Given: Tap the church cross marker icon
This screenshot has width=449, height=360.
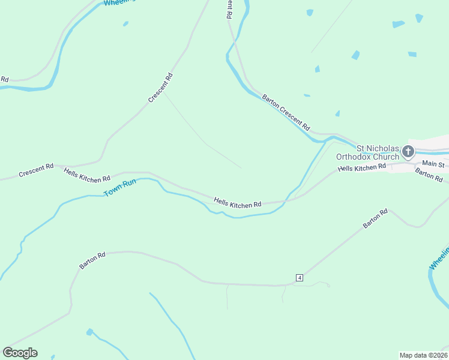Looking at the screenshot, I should (409, 151).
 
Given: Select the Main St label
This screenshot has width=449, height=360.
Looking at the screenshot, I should (433, 164).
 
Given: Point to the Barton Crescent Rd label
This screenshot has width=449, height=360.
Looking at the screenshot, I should (286, 112).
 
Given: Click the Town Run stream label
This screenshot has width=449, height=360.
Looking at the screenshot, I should (120, 188).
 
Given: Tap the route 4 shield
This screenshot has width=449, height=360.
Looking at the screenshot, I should (299, 277).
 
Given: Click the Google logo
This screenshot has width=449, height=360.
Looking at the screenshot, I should (20, 353).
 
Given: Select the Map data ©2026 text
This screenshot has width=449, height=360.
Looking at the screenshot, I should (424, 355).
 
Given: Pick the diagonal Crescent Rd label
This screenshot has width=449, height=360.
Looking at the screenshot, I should (160, 87).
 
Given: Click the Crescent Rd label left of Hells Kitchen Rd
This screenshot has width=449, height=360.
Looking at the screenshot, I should (36, 170).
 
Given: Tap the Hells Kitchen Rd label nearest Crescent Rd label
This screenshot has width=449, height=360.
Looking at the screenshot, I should (87, 175).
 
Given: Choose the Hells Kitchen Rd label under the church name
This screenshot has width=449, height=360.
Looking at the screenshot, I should (361, 168).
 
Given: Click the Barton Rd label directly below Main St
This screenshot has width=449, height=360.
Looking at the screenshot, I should (429, 175).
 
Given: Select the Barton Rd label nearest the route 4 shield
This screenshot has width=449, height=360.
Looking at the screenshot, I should (376, 218).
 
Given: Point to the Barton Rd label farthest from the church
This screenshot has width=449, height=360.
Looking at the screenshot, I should (92, 260).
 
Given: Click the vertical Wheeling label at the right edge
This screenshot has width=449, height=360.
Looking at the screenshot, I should (439, 257).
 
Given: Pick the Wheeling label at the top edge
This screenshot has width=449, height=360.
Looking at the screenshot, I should (119, 2).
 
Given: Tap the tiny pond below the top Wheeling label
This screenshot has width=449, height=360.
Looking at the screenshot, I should (125, 24).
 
